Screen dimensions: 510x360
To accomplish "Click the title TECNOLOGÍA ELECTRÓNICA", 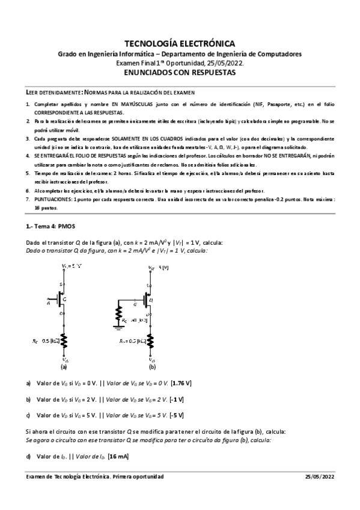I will click(180, 43).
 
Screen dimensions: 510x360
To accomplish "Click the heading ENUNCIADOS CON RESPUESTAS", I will click(180, 72).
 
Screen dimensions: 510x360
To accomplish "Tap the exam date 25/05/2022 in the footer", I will click(322, 476).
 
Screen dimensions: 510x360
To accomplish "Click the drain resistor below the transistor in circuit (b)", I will click(153, 341).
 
